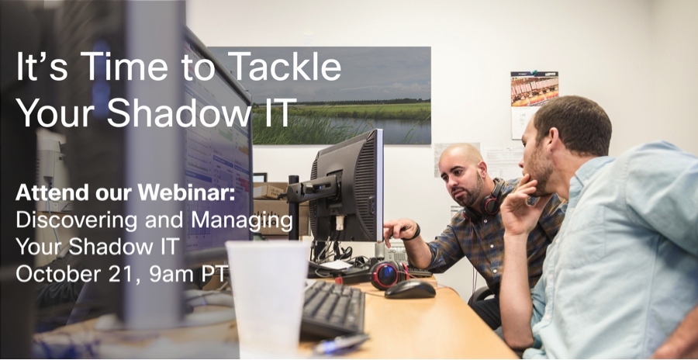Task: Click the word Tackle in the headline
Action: point(287,66)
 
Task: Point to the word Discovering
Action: point(65,220)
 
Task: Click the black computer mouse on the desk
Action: point(410,289)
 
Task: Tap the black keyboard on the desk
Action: point(333,308)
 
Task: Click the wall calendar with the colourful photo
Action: point(534,104)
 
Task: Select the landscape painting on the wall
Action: point(341,95)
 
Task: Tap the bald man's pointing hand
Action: point(399,230)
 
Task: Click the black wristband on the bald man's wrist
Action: point(416,232)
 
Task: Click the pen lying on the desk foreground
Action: point(340,344)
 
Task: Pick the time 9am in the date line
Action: point(170,275)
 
